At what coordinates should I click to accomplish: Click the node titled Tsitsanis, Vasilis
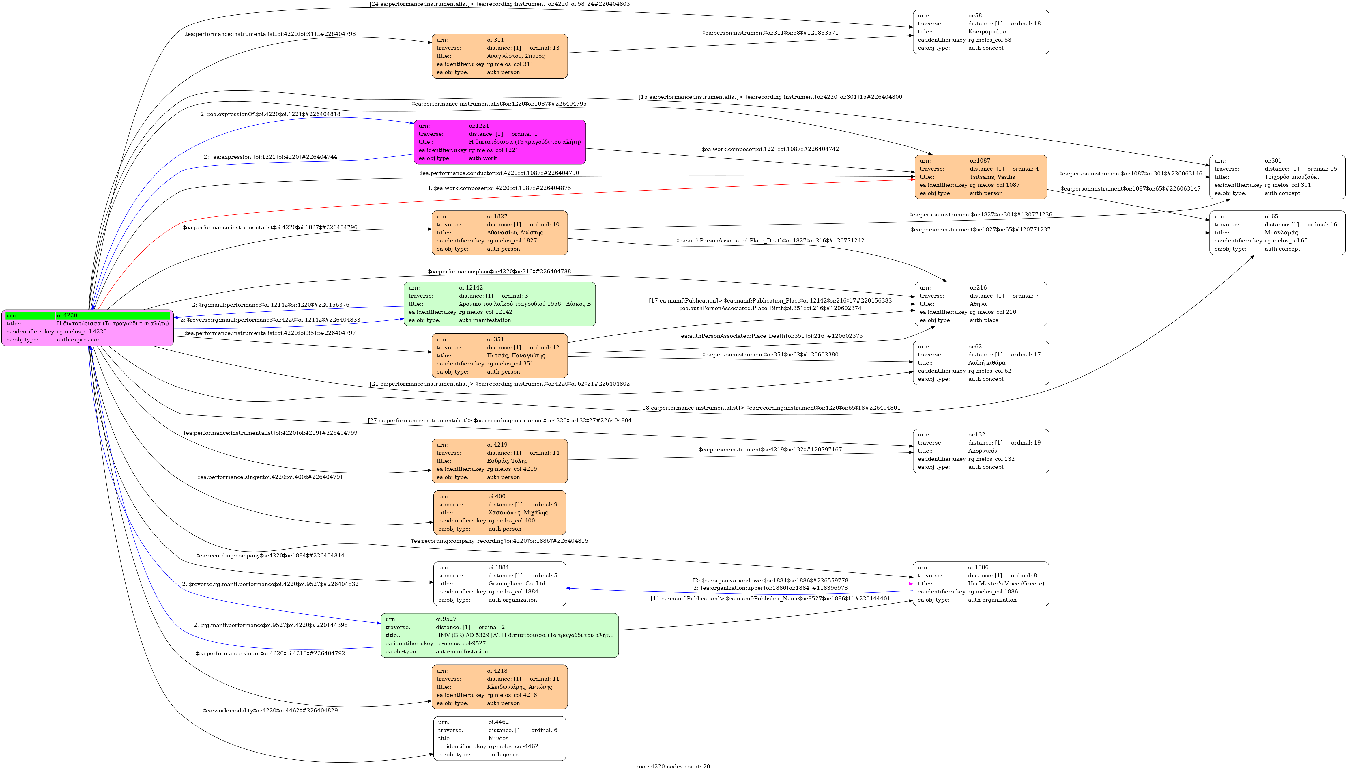tap(980, 177)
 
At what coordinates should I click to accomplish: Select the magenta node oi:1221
tap(499, 142)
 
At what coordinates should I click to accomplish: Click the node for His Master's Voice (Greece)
tap(980, 583)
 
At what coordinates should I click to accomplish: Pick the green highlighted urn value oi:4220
tap(113, 315)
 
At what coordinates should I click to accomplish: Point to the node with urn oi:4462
tap(499, 738)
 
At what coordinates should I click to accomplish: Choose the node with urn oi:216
tap(980, 304)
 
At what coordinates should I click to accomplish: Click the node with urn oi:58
tap(980, 32)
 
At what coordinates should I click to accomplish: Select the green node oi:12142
tap(499, 304)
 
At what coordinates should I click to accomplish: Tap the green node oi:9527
tap(499, 635)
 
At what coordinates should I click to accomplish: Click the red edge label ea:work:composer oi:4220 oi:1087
tap(499, 188)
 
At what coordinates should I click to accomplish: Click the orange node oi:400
tap(499, 512)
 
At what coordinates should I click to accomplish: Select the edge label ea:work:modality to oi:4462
tap(270, 710)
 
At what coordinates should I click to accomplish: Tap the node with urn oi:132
tap(980, 451)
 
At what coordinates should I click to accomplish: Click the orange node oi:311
tap(499, 56)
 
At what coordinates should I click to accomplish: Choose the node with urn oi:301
tap(1277, 177)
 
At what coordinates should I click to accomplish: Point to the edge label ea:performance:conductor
tap(499, 173)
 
